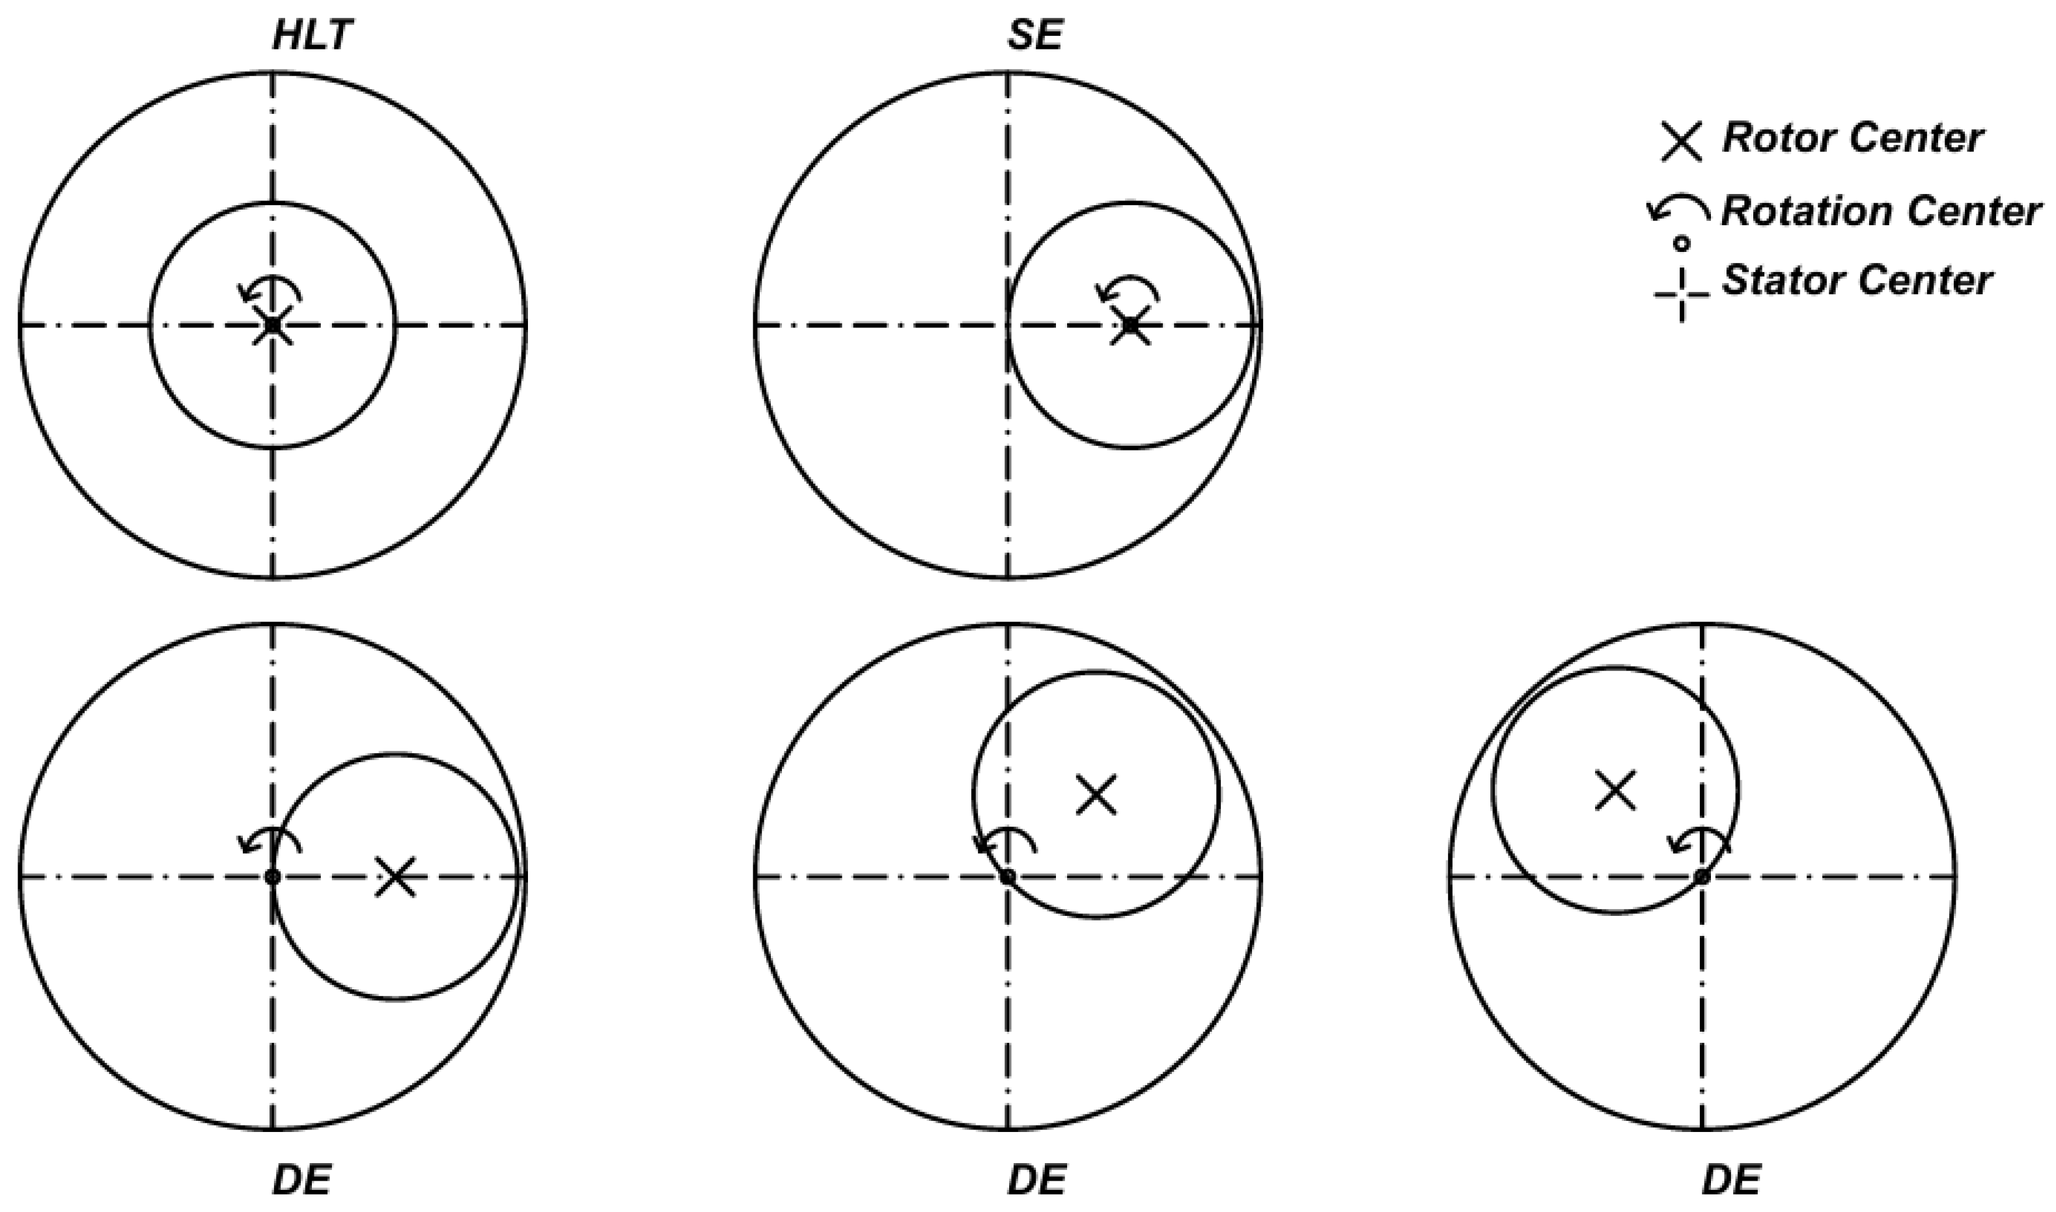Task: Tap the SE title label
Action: click(1036, 36)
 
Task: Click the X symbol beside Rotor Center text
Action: click(1681, 141)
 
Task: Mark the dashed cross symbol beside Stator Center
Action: click(1681, 294)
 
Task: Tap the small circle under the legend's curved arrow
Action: click(1681, 243)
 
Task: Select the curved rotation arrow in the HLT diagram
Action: click(270, 289)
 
